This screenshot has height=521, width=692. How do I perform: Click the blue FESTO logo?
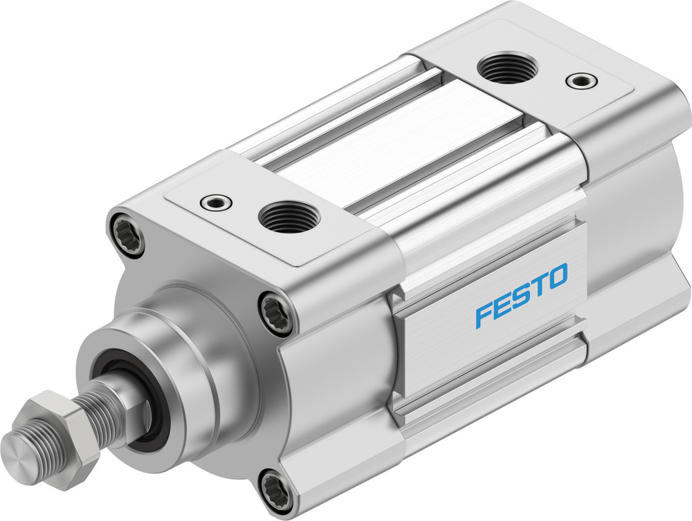tap(520, 294)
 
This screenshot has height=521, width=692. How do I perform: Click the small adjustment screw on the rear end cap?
tap(579, 82)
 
